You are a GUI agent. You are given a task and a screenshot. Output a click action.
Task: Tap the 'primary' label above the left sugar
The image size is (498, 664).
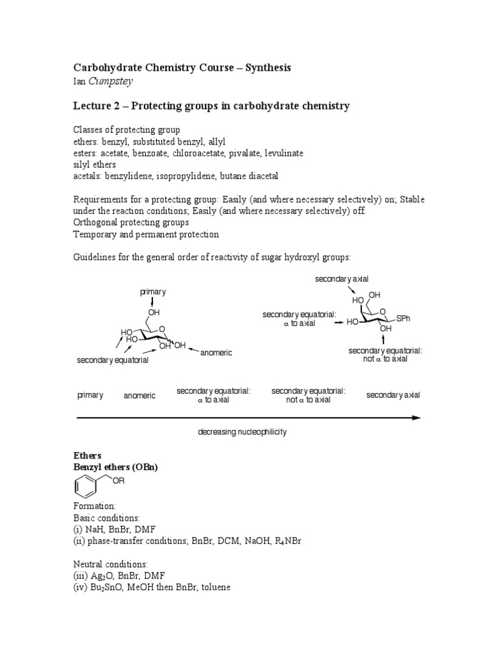153,292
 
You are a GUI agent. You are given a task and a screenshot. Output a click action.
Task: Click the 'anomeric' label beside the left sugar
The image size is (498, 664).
216,353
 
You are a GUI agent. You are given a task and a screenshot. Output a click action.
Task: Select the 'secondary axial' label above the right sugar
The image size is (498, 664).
342,279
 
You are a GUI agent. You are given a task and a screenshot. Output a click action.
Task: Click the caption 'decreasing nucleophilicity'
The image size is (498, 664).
242,432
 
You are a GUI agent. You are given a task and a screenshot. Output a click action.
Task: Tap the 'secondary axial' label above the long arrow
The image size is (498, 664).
393,395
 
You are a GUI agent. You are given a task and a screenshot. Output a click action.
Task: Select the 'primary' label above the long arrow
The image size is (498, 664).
90,396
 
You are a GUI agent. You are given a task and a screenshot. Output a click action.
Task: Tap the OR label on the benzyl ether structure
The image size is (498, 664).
118,480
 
